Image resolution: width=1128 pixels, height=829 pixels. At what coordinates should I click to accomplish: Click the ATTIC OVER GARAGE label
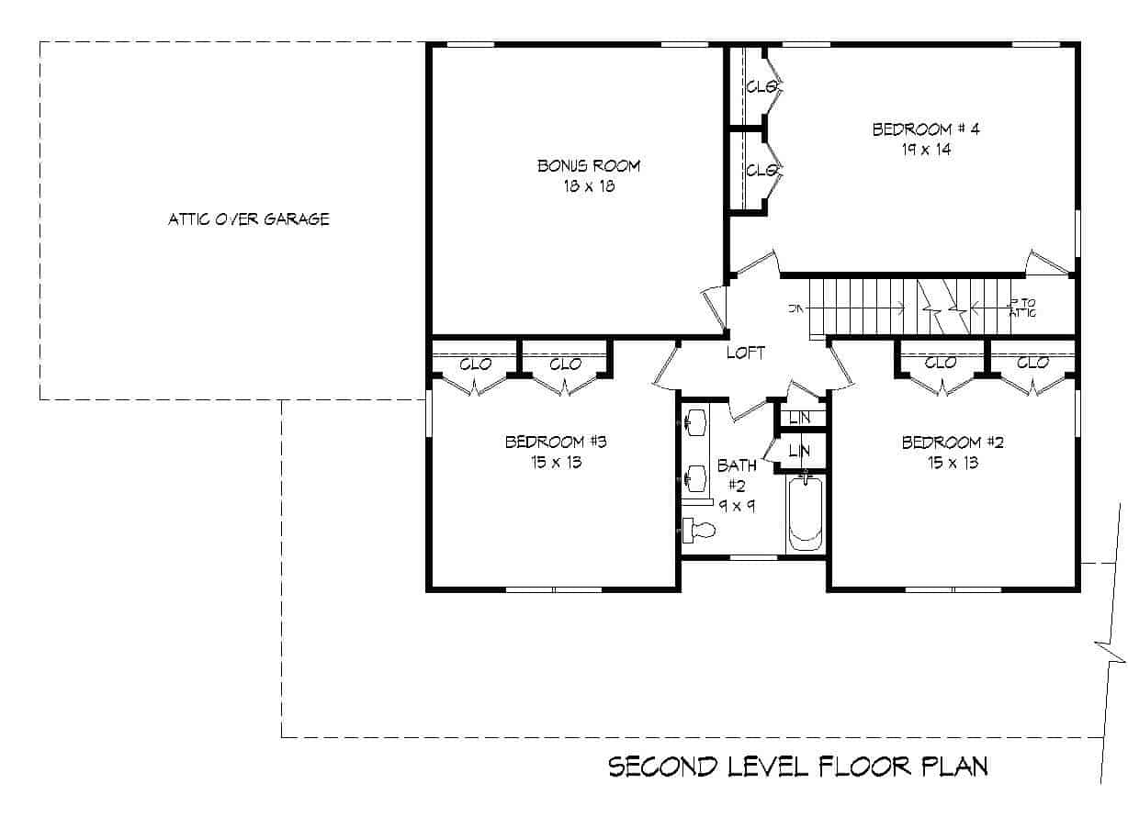click(x=248, y=219)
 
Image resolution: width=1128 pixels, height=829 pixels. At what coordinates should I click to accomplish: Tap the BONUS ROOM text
click(x=588, y=166)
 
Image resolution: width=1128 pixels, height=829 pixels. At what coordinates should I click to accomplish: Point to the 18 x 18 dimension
click(x=588, y=186)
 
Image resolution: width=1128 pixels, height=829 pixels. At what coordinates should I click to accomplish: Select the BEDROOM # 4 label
click(x=925, y=129)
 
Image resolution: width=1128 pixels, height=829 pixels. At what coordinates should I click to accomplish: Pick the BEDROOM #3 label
click(x=556, y=443)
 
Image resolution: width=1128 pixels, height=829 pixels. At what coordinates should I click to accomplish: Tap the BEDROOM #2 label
click(x=953, y=443)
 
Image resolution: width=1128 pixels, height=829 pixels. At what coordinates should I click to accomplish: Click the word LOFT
click(x=745, y=353)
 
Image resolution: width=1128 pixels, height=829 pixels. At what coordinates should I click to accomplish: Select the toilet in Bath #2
click(x=699, y=530)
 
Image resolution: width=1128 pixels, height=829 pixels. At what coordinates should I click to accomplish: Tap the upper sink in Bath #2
click(x=694, y=422)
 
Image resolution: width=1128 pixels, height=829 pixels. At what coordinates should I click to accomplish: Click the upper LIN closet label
click(x=799, y=418)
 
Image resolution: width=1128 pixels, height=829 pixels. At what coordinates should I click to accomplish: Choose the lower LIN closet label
click(x=799, y=451)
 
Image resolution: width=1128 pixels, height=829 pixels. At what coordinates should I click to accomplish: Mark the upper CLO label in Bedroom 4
click(x=761, y=87)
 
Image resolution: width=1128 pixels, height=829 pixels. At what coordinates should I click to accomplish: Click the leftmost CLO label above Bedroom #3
click(x=475, y=364)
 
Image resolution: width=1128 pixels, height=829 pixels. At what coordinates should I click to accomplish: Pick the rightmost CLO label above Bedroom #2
click(x=1032, y=364)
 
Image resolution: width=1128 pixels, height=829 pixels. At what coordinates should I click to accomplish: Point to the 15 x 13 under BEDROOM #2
click(x=953, y=463)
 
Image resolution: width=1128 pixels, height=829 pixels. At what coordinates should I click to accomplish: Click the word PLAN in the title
click(x=954, y=767)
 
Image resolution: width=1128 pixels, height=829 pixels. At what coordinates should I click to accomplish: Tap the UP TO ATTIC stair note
click(x=1021, y=308)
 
